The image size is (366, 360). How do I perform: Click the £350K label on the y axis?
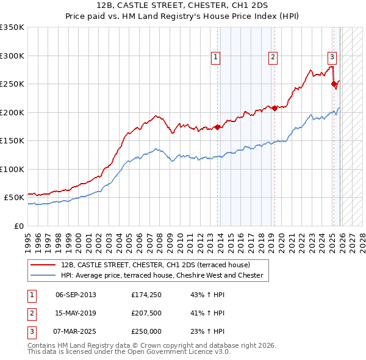12,27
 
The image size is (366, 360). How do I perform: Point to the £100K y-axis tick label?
12,169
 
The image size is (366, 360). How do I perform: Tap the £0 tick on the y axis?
18,226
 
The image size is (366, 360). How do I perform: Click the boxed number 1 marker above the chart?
216,58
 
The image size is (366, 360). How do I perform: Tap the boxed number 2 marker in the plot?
273,58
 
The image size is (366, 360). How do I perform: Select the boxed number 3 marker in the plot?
332,58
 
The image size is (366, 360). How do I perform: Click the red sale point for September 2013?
217,127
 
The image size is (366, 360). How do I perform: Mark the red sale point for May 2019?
274,108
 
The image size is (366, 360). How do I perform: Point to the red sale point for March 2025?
334,84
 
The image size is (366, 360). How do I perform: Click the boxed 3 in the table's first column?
31,332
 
